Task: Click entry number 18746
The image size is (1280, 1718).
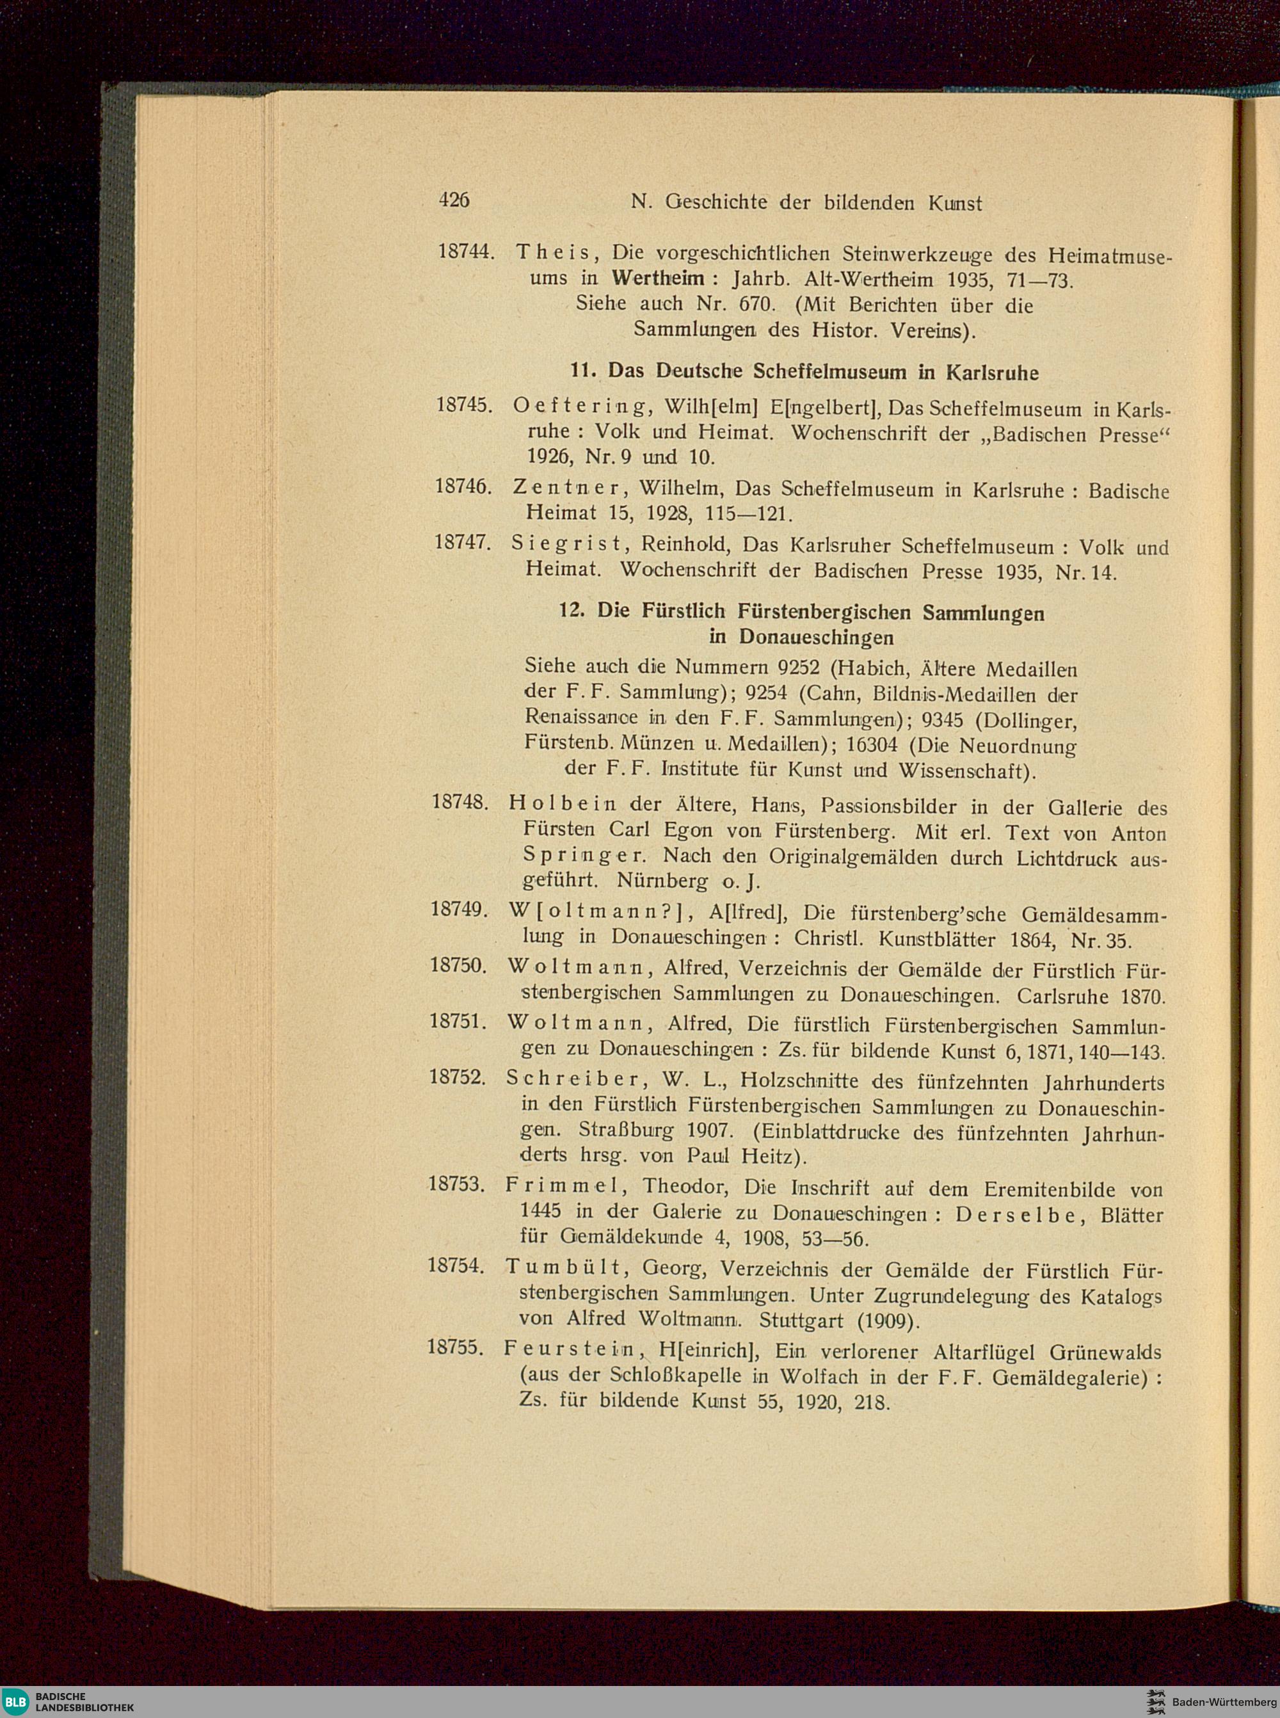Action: pyautogui.click(x=464, y=486)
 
